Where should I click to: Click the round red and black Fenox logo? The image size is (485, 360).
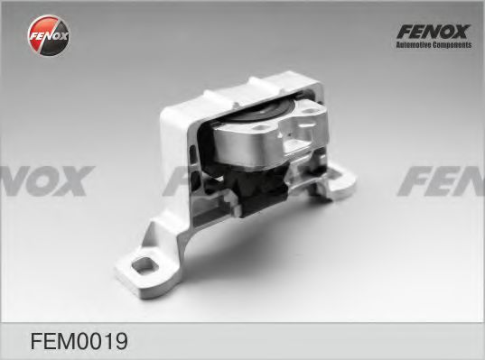(49, 35)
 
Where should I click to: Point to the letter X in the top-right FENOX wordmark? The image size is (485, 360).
(462, 32)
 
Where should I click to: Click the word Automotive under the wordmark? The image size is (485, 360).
(414, 45)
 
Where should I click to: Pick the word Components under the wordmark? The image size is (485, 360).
(452, 45)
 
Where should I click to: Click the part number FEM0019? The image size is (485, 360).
(79, 341)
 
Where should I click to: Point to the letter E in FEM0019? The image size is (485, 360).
(48, 341)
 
